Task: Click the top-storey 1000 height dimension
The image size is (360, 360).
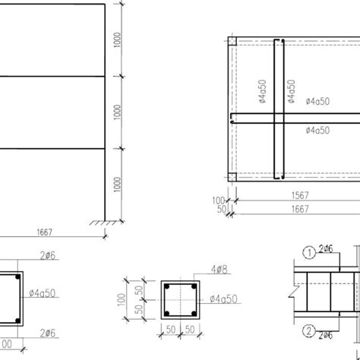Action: click(115, 40)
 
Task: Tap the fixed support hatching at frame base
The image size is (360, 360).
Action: click(102, 223)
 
